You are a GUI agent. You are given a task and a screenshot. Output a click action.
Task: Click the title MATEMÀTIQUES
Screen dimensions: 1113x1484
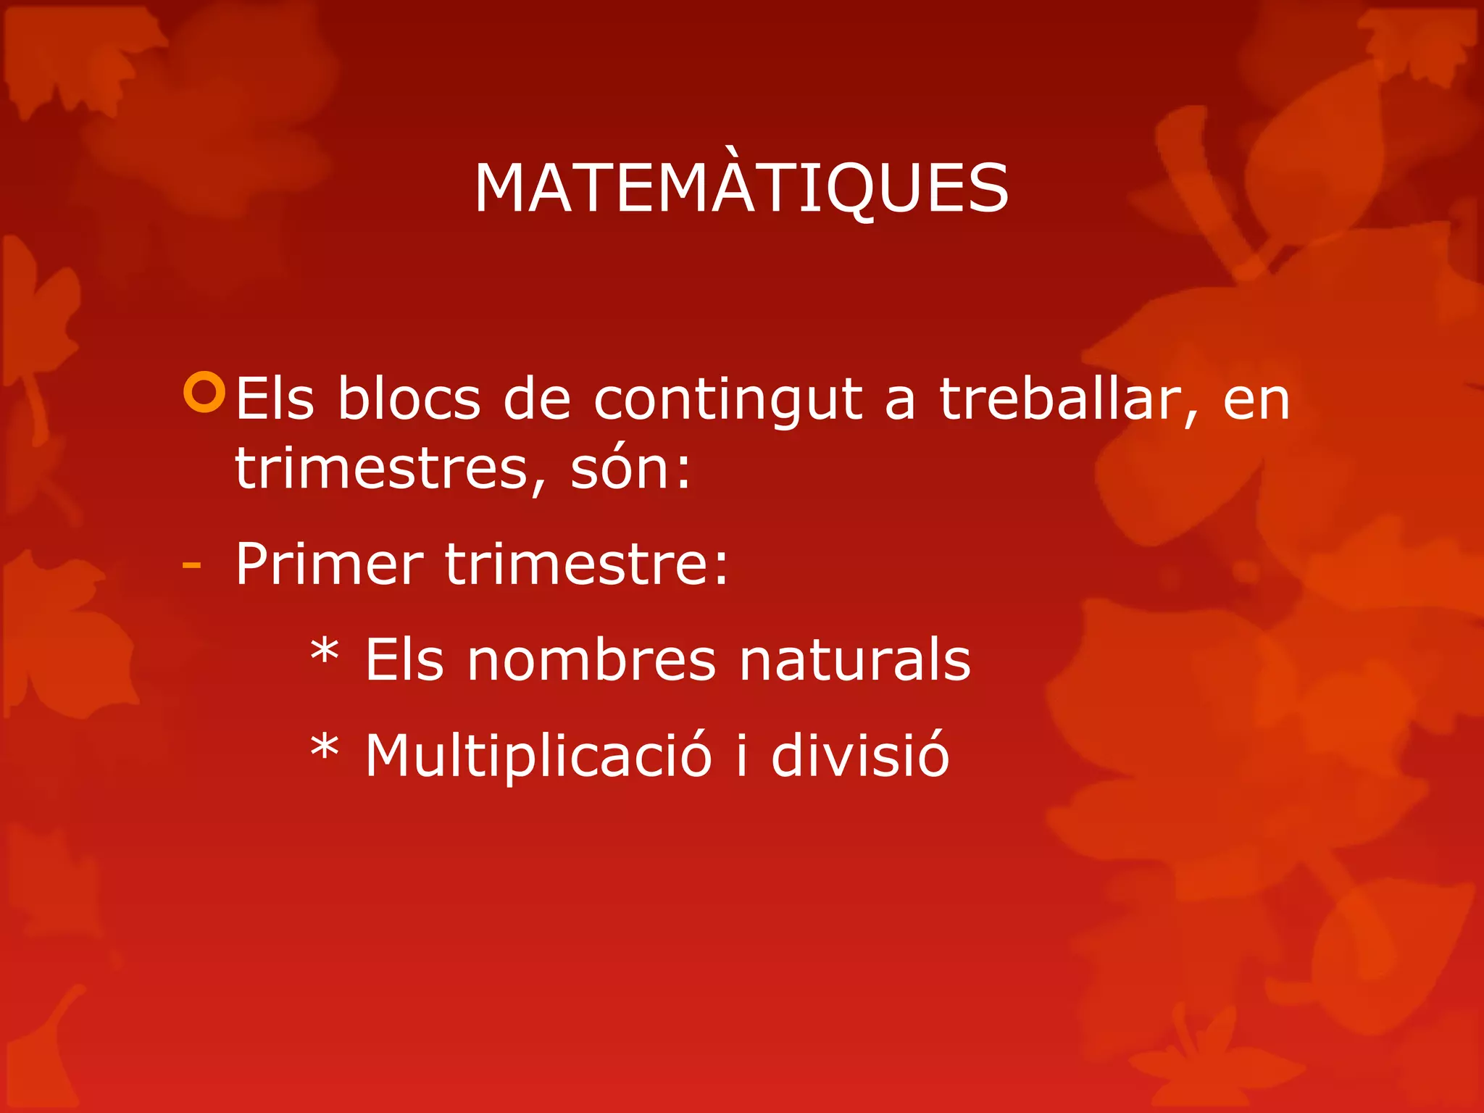point(741,188)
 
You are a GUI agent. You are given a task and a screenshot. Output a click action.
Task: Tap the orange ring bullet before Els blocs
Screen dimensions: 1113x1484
point(205,392)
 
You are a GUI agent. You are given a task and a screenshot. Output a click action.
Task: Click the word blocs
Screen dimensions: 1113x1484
point(409,399)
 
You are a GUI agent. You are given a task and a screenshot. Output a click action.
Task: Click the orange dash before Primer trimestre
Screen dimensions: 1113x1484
point(191,565)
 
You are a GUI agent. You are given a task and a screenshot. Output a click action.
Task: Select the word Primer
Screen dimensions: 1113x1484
point(329,564)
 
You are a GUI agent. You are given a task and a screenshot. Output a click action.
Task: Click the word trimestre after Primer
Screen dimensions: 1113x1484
point(585,564)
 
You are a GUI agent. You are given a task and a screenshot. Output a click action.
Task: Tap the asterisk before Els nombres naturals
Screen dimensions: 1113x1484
point(324,651)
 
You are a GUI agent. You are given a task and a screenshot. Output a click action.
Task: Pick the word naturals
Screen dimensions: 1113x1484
point(854,660)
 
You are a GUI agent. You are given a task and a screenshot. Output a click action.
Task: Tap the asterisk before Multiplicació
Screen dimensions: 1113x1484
point(324,747)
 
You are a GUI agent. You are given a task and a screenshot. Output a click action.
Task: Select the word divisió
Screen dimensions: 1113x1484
point(859,755)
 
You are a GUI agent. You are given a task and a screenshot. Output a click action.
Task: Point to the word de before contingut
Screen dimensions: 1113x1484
point(536,399)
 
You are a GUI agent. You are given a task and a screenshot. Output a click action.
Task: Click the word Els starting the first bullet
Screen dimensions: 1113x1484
point(275,399)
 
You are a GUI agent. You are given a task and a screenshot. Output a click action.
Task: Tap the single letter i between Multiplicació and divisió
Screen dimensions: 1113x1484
point(741,755)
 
